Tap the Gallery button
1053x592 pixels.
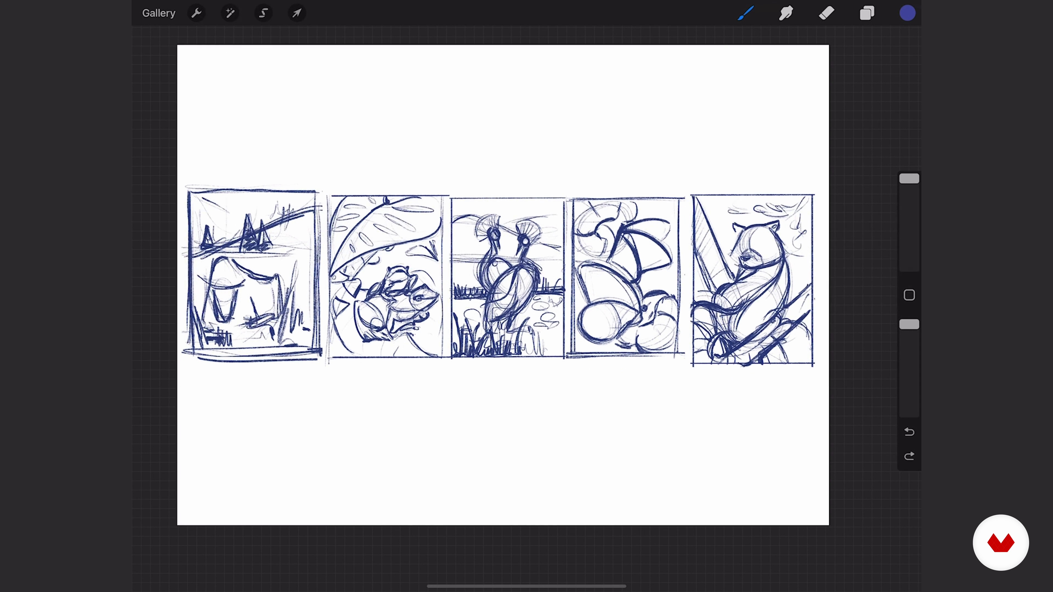[158, 13]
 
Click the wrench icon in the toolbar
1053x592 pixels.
[197, 13]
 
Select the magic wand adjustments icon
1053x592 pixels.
[230, 13]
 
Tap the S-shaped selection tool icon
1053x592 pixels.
[264, 13]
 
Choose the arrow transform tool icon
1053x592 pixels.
[297, 13]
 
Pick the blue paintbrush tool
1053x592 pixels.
[746, 13]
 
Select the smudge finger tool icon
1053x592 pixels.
[786, 13]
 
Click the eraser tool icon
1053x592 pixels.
[826, 13]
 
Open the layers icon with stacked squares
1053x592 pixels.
[867, 13]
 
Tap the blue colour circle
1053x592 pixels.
[907, 13]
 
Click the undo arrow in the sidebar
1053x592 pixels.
[909, 432]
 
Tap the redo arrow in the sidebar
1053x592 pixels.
[909, 456]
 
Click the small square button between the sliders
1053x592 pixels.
[909, 295]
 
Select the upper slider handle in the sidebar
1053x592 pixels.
[909, 178]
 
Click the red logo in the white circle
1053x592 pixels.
[1001, 543]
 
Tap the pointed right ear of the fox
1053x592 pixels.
[775, 226]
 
